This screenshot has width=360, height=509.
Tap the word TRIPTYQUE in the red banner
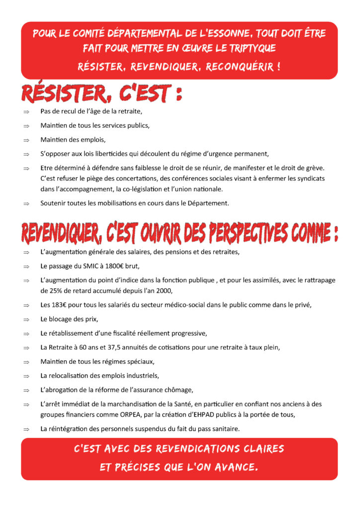(x=251, y=49)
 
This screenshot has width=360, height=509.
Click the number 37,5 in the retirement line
(x=117, y=347)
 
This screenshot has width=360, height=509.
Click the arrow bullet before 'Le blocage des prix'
(x=26, y=319)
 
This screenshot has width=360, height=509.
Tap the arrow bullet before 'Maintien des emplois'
(x=26, y=140)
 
